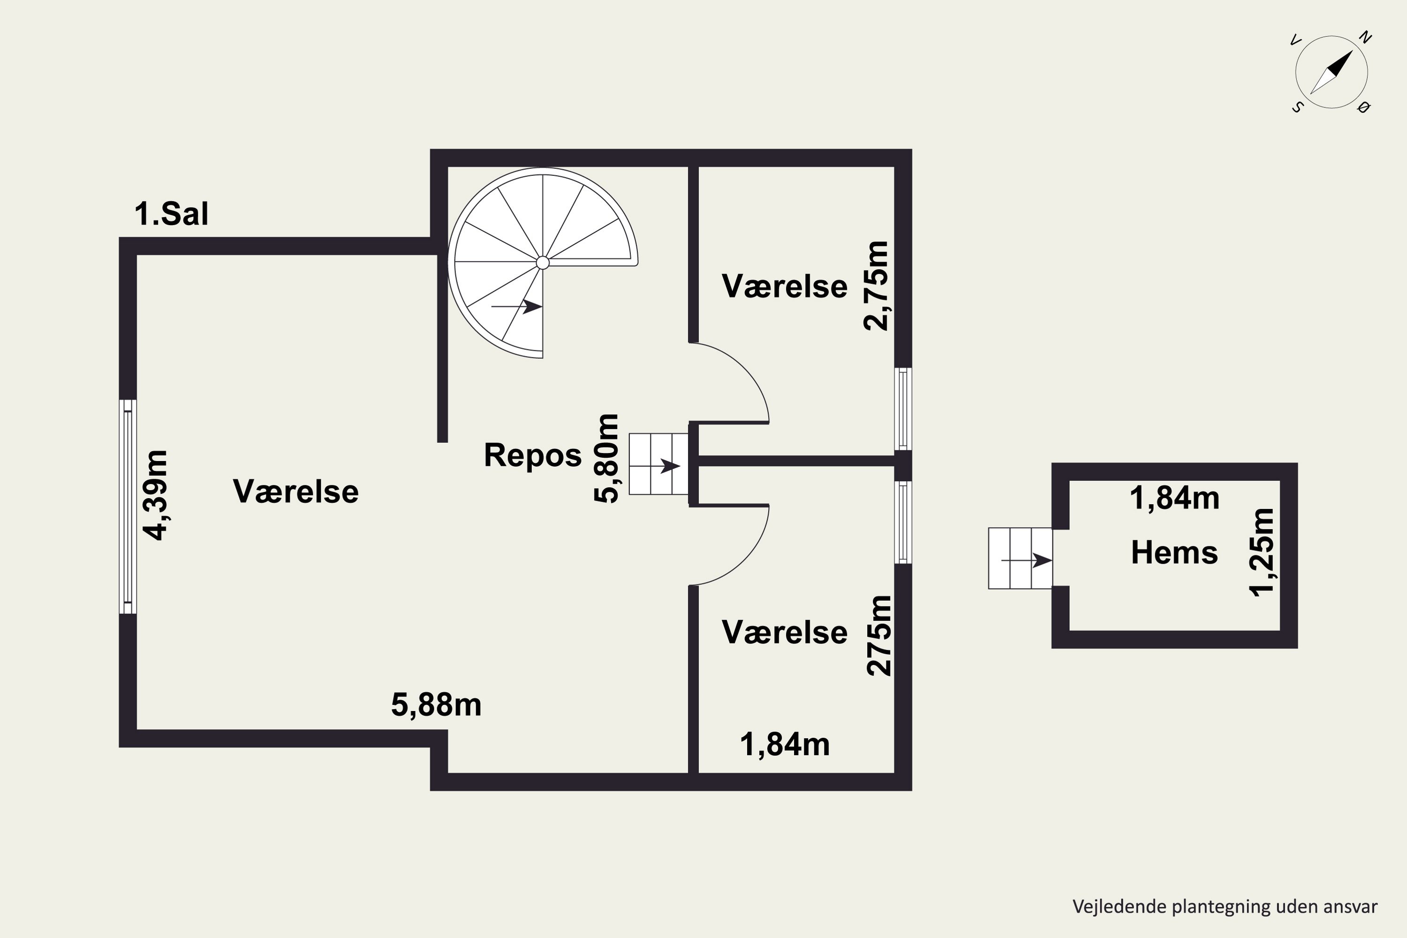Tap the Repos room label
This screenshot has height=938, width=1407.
pos(532,455)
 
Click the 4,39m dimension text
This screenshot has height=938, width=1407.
pos(156,495)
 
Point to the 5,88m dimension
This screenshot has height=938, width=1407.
pos(436,705)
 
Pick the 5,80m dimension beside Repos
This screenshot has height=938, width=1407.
pos(606,458)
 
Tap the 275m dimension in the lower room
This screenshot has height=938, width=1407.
pos(879,636)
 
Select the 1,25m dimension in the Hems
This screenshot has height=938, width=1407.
pos(1262,552)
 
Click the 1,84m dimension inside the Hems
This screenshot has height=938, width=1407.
pos(1174,498)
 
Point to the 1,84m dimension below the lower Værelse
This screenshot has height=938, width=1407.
pos(785,745)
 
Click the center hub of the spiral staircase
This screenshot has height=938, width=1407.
pos(543,263)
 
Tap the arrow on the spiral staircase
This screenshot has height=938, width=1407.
pos(517,307)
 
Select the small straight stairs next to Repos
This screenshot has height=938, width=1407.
pos(658,464)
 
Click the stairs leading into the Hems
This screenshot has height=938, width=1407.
pos(1020,559)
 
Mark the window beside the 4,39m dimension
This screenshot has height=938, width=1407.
pos(128,507)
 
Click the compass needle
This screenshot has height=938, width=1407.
pos(1331,72)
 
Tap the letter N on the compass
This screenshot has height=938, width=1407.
pos(1365,37)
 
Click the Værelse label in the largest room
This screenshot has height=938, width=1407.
pos(295,492)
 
